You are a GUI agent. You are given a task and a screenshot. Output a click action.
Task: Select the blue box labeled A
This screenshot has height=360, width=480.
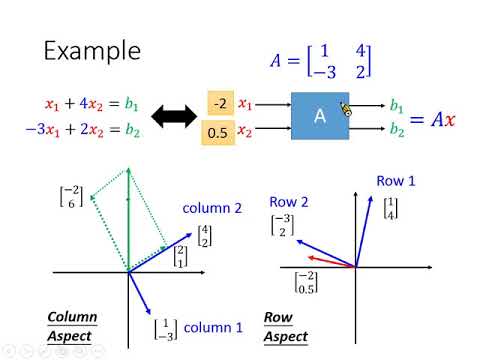[321, 117]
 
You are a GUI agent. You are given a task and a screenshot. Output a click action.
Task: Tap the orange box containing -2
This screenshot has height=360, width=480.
[218, 102]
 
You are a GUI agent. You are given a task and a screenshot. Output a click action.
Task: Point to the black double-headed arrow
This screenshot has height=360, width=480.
[171, 117]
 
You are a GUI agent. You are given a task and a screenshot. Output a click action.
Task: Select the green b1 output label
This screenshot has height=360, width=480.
[397, 105]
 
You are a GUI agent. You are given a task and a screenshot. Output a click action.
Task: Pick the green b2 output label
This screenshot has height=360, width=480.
[397, 131]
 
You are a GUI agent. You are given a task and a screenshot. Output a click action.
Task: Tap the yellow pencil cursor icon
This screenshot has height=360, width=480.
[346, 109]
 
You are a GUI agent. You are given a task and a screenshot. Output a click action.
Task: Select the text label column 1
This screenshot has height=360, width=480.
[212, 327]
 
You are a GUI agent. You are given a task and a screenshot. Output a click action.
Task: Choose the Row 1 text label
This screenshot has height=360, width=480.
[397, 180]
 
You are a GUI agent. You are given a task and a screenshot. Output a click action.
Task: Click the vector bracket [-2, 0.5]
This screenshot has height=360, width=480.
[307, 282]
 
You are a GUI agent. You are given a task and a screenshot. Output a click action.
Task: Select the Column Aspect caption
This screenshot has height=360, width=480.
[72, 327]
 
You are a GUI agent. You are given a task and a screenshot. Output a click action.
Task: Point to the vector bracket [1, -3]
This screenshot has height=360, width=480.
[164, 328]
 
